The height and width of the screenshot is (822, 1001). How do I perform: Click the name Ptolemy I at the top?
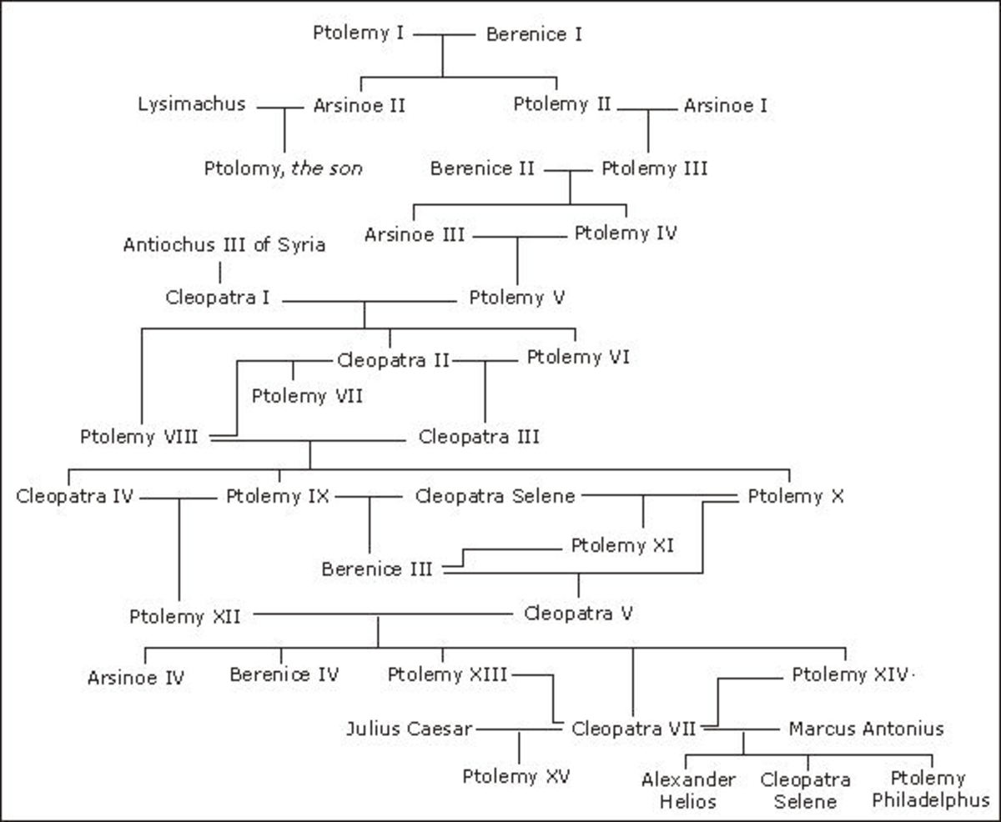coord(358,34)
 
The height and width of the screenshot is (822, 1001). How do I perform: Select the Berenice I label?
coord(534,34)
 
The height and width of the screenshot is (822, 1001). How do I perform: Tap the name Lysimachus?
coord(192,104)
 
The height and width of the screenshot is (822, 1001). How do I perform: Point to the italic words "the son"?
coord(326,168)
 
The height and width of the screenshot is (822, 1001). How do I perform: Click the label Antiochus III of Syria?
coord(224,245)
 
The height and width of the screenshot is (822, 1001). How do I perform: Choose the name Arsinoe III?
coord(414,235)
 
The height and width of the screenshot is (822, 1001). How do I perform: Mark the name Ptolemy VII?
coord(307,395)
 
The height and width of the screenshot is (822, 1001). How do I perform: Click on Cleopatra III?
coord(479,436)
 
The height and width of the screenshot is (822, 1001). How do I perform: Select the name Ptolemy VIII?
coord(139,436)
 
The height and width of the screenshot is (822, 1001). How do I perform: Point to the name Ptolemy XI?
coord(622,546)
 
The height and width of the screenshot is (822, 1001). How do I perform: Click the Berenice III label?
coord(377,570)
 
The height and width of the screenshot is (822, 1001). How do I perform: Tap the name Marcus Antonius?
coord(866,729)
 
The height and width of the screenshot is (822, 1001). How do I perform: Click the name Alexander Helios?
coord(688,790)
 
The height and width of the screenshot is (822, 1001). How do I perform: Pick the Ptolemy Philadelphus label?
coord(928,790)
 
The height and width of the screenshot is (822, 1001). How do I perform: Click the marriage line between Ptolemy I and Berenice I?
coord(443,35)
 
